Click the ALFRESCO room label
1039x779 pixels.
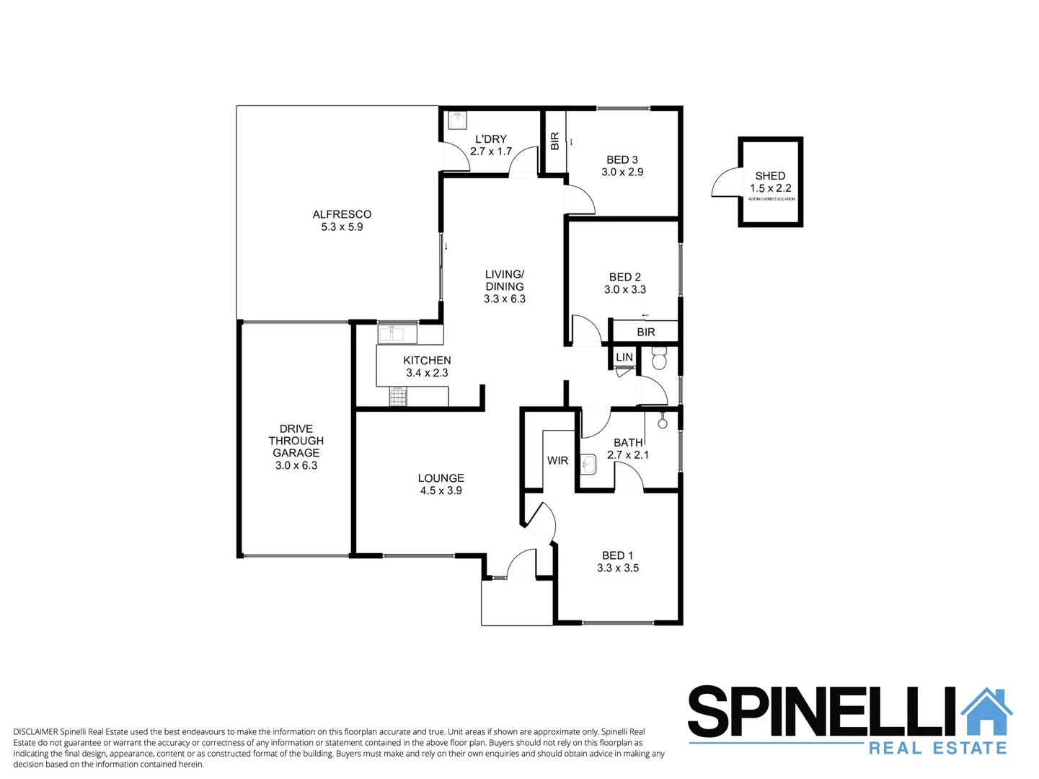tap(342, 214)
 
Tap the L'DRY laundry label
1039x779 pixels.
tap(490, 139)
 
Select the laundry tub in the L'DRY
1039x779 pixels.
tap(457, 119)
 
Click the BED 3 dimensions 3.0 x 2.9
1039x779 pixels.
tap(622, 172)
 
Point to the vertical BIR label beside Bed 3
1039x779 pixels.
tap(554, 141)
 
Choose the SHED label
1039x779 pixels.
tap(770, 176)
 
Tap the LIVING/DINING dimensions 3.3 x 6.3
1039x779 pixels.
tap(504, 299)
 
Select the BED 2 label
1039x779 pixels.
tap(624, 277)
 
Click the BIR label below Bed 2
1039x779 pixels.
tap(645, 333)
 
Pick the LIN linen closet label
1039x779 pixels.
tap(624, 357)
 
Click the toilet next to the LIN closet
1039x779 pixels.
tap(660, 358)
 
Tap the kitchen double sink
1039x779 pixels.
tap(397, 334)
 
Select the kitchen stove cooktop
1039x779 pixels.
tap(398, 396)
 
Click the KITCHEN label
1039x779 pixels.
tap(427, 361)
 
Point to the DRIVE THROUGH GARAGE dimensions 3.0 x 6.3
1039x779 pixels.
tap(296, 466)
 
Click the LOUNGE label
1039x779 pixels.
tap(441, 478)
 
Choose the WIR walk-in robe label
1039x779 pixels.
tap(557, 461)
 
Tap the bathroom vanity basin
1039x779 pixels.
tap(588, 465)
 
